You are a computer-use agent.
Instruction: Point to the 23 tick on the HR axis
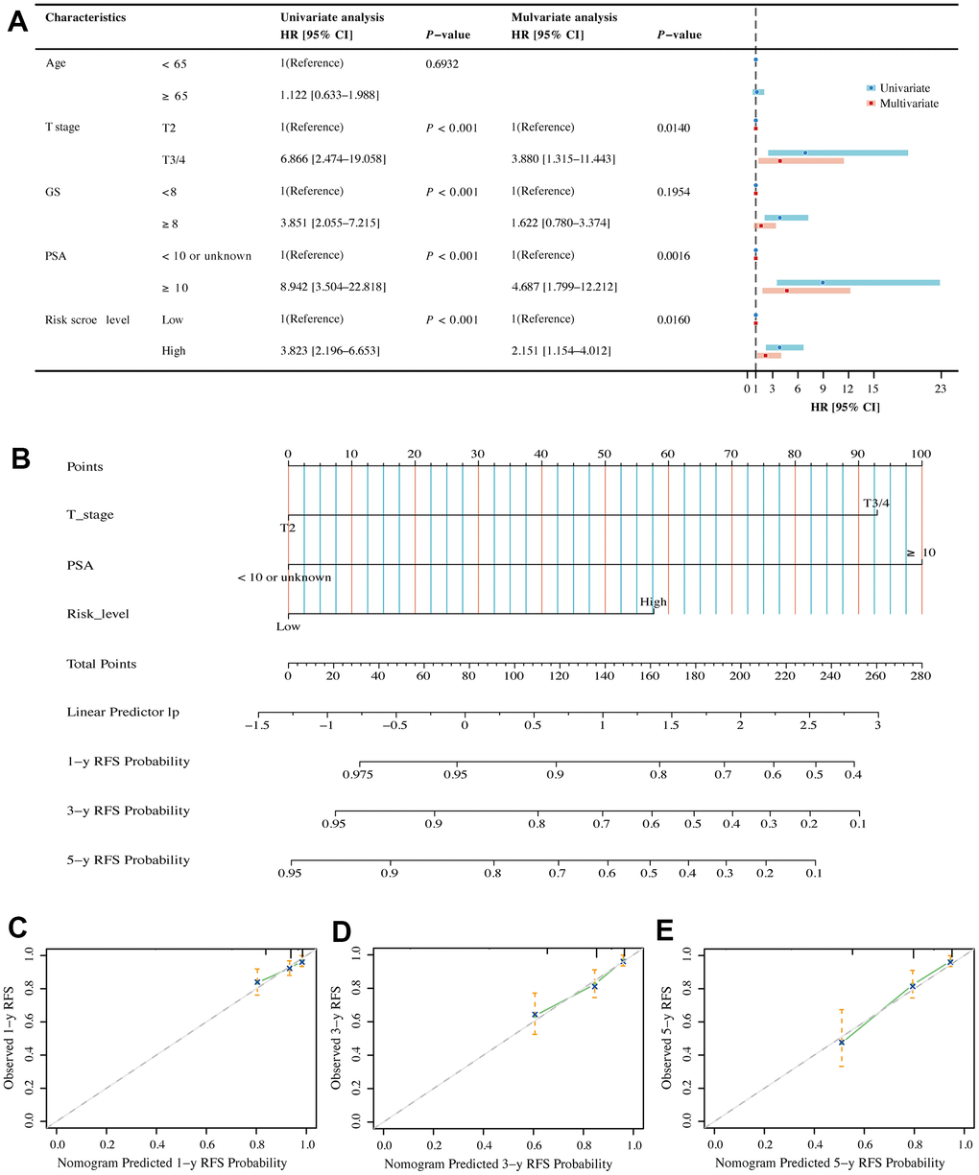point(941,388)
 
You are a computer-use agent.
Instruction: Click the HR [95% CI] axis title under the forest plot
point(845,408)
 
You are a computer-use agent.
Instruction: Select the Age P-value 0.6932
point(446,63)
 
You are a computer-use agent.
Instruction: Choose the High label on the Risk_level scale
point(654,602)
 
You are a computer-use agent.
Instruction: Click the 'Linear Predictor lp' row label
point(123,712)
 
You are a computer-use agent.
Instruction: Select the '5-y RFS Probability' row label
point(128,859)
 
